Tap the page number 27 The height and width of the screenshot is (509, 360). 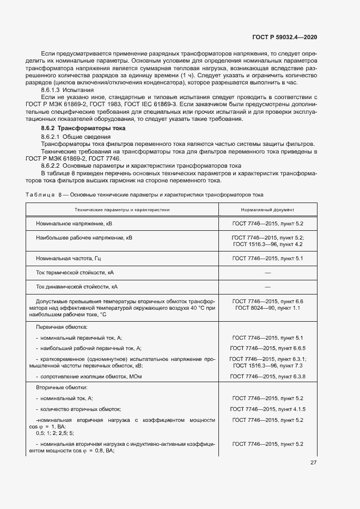313,463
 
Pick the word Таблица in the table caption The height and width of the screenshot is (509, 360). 40,194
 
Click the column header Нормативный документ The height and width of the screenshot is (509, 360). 267,210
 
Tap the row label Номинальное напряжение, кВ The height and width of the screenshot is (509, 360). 73,224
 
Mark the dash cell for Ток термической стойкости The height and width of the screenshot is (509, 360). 267,272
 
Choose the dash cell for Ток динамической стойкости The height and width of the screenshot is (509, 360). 267,286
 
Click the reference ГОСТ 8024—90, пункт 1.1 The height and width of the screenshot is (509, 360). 267,309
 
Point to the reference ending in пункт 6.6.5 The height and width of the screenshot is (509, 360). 267,348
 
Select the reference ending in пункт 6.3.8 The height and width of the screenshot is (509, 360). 267,377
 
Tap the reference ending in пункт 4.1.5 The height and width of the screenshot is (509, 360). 267,409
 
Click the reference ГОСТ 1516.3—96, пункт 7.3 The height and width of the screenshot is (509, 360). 267,366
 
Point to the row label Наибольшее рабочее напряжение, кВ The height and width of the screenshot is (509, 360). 84,238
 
